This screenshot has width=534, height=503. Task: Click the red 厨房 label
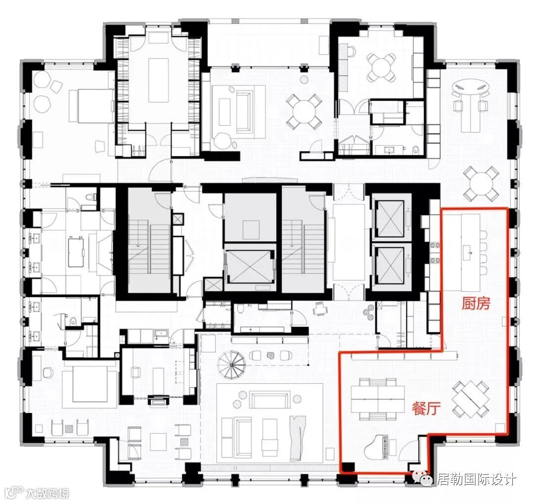pos(476,303)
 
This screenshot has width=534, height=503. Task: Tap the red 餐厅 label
pos(426,408)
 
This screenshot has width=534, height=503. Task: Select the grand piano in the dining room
pos(381,447)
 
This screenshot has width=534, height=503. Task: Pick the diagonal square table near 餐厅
pos(471,399)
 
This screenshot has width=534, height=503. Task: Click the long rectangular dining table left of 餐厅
pos(378,399)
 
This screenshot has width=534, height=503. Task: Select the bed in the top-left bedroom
pos(91,105)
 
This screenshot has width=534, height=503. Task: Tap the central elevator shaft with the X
pos(250,263)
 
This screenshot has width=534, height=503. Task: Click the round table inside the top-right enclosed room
pos(381,68)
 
